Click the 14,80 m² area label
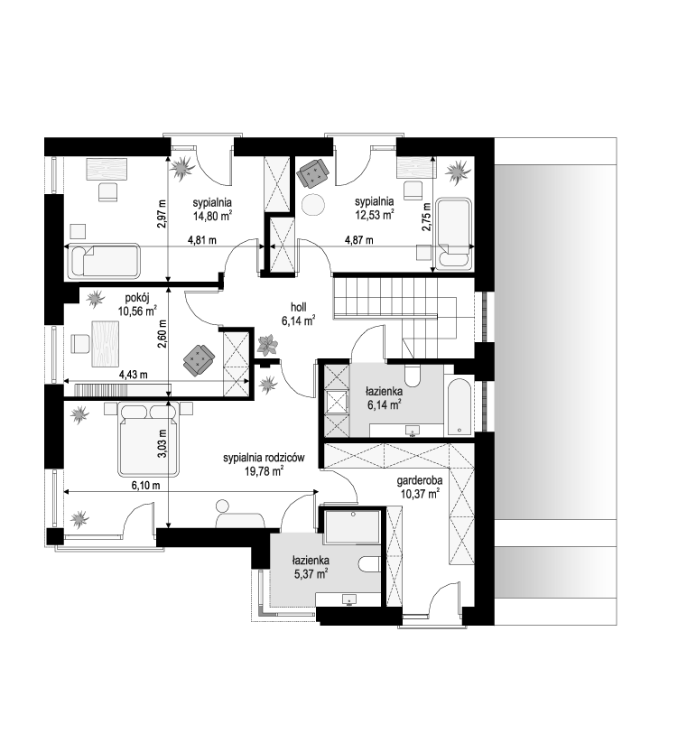[x=212, y=216]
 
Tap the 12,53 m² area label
[x=375, y=215]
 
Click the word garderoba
[x=420, y=480]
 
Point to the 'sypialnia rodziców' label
[x=264, y=458]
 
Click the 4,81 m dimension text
[x=202, y=240]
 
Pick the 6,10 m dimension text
[x=146, y=485]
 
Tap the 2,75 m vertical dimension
[x=426, y=217]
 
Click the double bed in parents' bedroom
[x=149, y=440]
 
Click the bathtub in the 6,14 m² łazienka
[x=460, y=406]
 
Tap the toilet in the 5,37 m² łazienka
[x=369, y=565]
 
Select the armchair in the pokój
[x=199, y=360]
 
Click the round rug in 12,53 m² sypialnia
[x=314, y=205]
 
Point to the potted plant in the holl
[x=268, y=345]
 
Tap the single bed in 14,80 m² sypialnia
[x=105, y=261]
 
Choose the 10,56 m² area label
[x=137, y=311]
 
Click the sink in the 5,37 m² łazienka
[x=349, y=599]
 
